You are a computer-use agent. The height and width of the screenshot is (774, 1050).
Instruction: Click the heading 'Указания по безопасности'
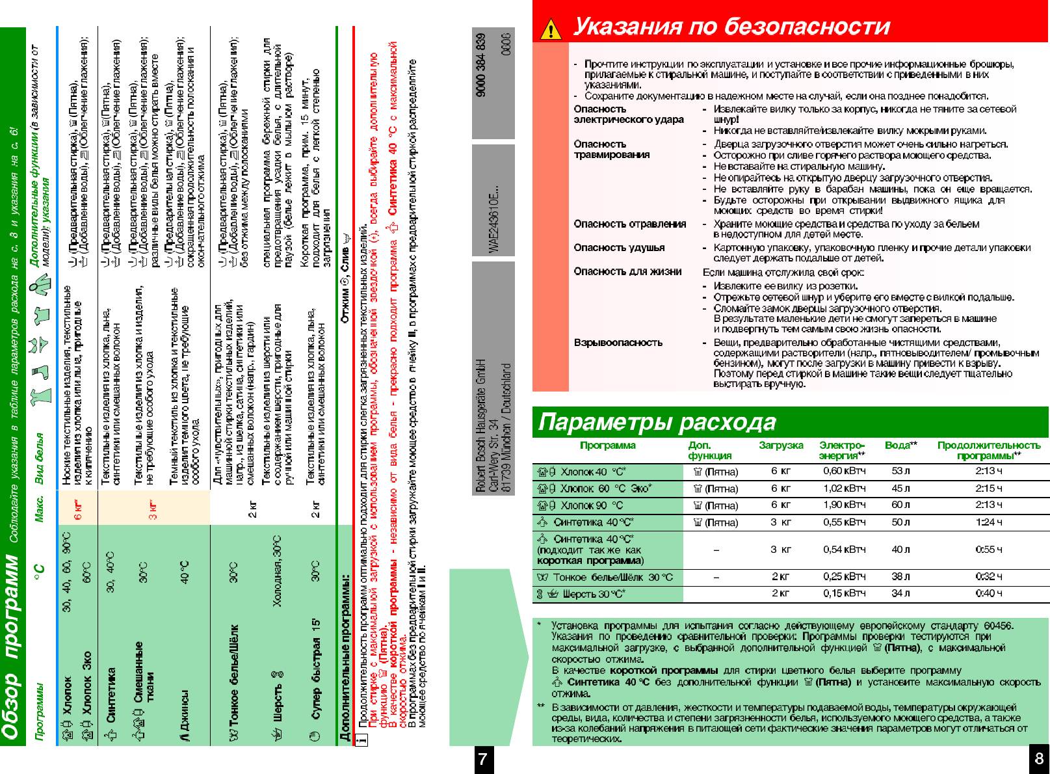click(731, 27)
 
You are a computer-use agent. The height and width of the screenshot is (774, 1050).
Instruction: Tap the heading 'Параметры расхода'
click(657, 423)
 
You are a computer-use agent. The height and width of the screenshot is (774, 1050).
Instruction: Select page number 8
click(1038, 758)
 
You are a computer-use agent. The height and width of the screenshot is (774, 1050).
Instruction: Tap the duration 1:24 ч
click(989, 522)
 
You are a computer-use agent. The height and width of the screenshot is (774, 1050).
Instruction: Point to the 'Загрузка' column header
click(781, 446)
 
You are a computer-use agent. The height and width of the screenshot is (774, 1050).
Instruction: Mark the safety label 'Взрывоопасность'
click(618, 342)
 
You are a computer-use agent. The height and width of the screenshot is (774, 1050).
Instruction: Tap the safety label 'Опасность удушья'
click(619, 247)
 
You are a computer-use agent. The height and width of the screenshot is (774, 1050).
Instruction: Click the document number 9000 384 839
click(482, 65)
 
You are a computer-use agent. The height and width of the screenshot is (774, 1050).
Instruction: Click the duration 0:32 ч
click(989, 577)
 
